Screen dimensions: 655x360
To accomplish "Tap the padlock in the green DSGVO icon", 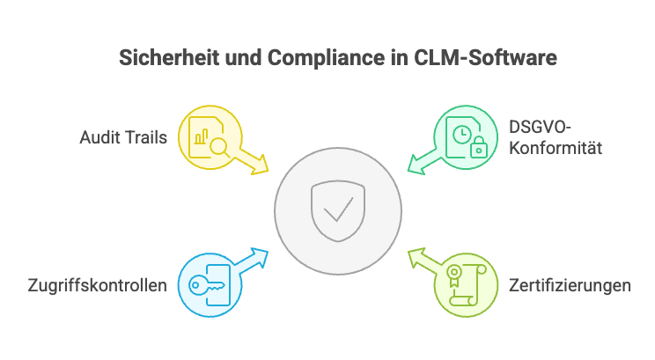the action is (478, 148).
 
